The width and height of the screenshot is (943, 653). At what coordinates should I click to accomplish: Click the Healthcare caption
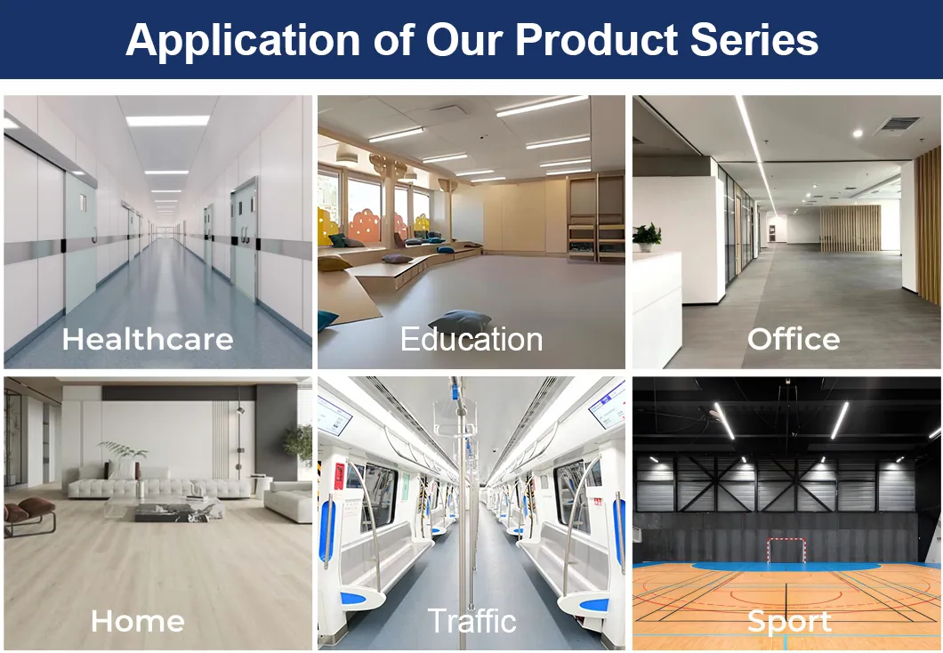[x=148, y=339]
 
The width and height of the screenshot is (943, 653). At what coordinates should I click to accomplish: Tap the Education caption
[x=471, y=339]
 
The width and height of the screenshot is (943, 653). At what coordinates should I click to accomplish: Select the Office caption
[x=794, y=339]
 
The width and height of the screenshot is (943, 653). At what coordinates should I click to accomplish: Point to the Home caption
[x=138, y=620]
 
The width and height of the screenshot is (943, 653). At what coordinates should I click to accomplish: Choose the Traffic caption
[x=471, y=620]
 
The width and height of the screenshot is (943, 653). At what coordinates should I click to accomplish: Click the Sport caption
[x=789, y=621]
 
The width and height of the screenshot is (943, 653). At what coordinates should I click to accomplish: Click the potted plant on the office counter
[x=647, y=237]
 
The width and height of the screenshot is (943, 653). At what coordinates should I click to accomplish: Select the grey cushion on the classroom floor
[x=460, y=321]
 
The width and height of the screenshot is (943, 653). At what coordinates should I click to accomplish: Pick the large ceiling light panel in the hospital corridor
[x=167, y=120]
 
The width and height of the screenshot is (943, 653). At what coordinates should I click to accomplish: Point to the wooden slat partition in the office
[x=849, y=229]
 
